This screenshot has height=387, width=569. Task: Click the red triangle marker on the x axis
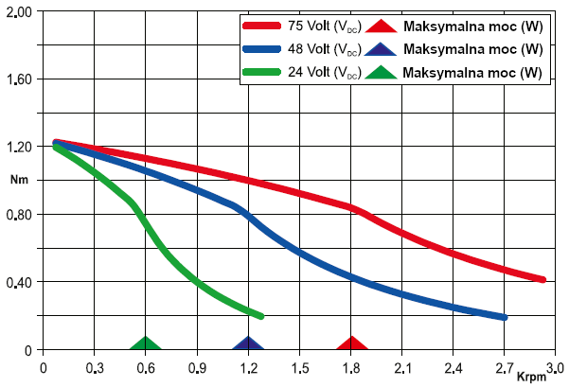[352, 343]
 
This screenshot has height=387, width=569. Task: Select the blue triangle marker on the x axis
[248, 343]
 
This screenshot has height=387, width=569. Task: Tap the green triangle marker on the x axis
[145, 343]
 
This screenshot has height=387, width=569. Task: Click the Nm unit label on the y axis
[19, 179]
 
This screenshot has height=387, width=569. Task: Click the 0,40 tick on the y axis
[19, 282]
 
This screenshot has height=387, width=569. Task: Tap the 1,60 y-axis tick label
[19, 79]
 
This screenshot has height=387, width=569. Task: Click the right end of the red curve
[543, 279]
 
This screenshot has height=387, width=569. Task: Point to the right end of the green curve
[260, 315]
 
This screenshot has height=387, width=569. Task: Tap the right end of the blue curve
[505, 317]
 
